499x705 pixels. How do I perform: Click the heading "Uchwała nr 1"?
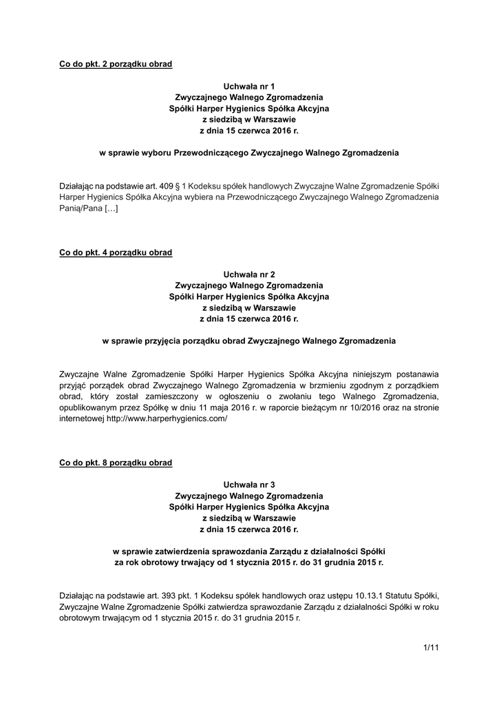(x=249, y=86)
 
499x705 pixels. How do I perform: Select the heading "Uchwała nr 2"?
(x=249, y=275)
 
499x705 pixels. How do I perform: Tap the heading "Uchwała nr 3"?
(x=249, y=485)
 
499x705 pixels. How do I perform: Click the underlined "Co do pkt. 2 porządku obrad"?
(x=116, y=64)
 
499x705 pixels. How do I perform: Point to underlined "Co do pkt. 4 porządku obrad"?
(x=116, y=253)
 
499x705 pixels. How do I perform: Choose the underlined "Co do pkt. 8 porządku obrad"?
(x=116, y=463)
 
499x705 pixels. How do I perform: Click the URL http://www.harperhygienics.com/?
(x=167, y=419)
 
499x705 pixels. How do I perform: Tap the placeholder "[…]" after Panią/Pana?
(x=111, y=209)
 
